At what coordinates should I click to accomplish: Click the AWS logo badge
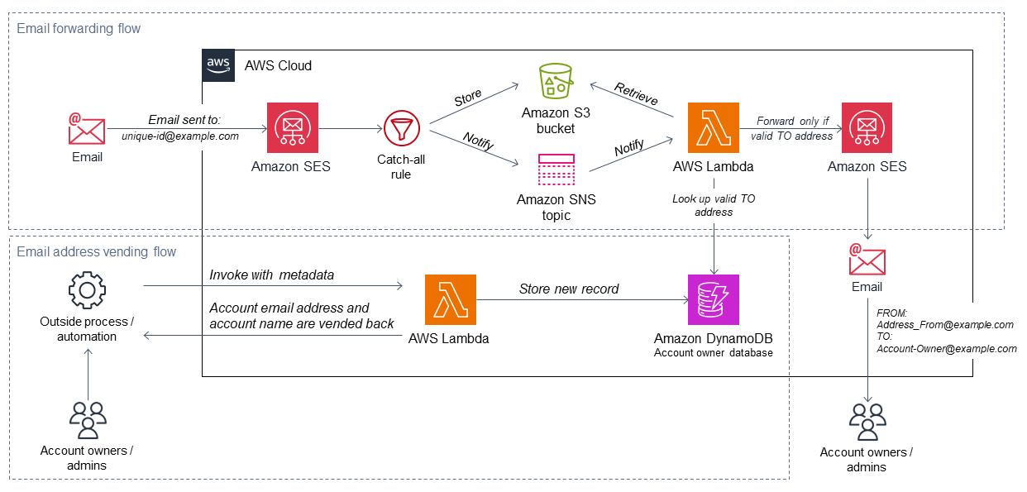tap(218, 64)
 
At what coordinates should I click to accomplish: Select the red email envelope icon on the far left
tap(86, 129)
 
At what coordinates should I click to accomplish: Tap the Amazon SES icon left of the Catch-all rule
tap(291, 128)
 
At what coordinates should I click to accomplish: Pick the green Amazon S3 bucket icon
tap(556, 83)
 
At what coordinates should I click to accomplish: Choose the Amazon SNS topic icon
tap(556, 171)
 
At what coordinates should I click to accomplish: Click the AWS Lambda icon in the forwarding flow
tap(714, 128)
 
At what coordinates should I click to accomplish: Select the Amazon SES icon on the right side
tap(867, 128)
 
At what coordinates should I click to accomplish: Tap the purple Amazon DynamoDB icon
tap(714, 300)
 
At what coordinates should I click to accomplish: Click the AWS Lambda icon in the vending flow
tap(450, 300)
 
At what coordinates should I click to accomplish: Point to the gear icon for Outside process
tap(86, 291)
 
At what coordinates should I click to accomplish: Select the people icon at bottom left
tap(87, 420)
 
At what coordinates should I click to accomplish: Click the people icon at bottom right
tap(867, 422)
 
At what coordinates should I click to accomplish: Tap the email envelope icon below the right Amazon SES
tap(867, 260)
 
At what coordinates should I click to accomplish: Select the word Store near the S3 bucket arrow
tap(468, 98)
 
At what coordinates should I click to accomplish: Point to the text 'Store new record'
tap(569, 289)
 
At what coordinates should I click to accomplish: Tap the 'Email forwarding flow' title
tap(79, 29)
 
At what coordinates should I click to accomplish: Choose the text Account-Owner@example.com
tap(946, 349)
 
